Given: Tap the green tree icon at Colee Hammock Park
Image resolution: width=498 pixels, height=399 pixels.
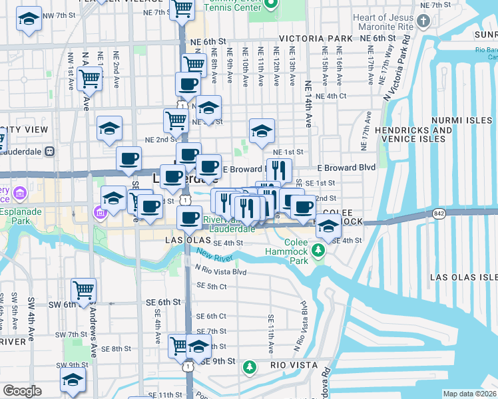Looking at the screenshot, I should pyautogui.click(x=319, y=250).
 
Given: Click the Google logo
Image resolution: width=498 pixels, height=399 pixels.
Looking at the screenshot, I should pyautogui.click(x=22, y=391).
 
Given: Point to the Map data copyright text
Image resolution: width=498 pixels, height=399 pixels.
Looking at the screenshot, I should pyautogui.click(x=470, y=394).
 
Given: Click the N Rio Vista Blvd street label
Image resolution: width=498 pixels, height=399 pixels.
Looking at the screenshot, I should pyautogui.click(x=220, y=272).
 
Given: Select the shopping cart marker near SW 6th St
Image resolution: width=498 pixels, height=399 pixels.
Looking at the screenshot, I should pyautogui.click(x=84, y=290).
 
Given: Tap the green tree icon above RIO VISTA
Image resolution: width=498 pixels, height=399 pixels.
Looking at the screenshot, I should pyautogui.click(x=250, y=366).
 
